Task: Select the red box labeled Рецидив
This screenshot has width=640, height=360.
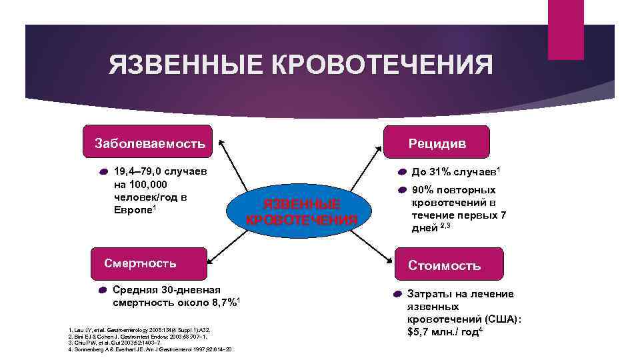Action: [x=437, y=142]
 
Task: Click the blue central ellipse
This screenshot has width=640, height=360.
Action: [x=301, y=211]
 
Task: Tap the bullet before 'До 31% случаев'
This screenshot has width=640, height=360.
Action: [x=403, y=172]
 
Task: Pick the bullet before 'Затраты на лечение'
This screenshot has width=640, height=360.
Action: [x=395, y=294]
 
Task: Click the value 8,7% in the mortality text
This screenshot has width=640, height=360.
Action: [x=221, y=303]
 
